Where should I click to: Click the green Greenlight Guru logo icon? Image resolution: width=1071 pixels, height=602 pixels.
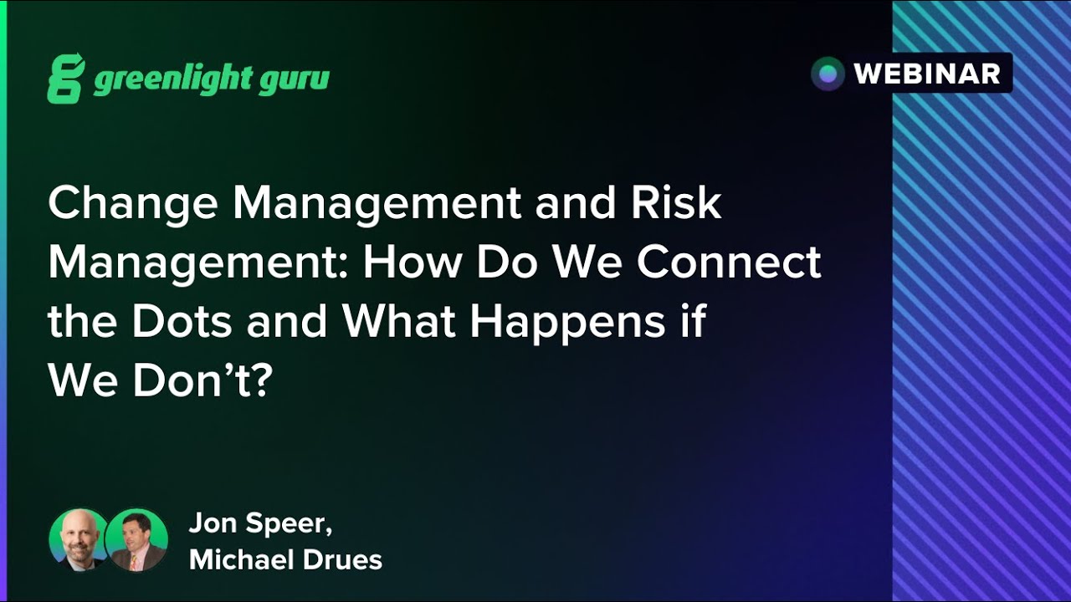click(66, 79)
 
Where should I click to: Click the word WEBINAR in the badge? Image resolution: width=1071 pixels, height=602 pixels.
click(927, 74)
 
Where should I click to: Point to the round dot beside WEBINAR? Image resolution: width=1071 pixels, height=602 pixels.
click(828, 74)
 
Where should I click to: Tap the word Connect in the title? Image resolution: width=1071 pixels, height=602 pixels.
click(729, 263)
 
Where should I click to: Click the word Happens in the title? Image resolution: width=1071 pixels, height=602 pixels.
click(565, 323)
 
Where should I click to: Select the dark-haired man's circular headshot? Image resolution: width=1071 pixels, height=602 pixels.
click(136, 539)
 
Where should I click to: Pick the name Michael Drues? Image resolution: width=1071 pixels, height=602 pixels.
click(285, 559)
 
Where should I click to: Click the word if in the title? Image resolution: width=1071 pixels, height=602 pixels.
click(694, 321)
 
